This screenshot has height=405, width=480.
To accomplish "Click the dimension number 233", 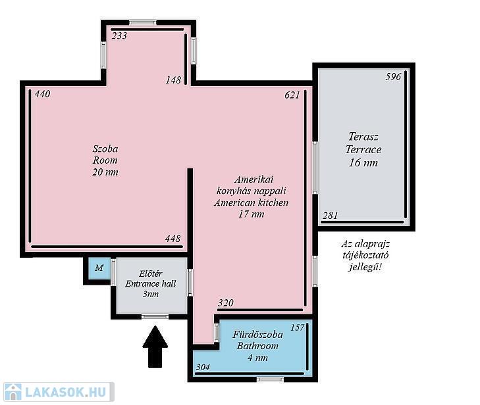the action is click(x=119, y=36).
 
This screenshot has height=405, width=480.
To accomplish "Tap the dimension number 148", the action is click(x=174, y=80).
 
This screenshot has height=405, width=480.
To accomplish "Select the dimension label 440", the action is click(x=42, y=94).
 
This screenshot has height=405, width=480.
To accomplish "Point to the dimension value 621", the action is click(x=292, y=95).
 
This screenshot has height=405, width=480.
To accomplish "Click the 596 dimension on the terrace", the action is click(x=393, y=76).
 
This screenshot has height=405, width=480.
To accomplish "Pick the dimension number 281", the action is click(x=330, y=216).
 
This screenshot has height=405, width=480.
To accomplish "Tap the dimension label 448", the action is click(x=173, y=239).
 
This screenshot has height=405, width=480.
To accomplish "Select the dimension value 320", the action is click(x=226, y=302).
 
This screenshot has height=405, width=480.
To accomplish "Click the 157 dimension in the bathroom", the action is click(x=298, y=327).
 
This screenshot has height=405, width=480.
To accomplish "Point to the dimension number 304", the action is click(x=203, y=367).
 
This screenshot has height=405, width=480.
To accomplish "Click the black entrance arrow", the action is click(x=155, y=346).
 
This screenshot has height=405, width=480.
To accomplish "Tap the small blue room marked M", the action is click(x=99, y=268).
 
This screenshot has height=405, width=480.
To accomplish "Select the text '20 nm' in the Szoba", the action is click(x=105, y=172).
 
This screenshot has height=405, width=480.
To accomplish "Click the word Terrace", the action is click(x=363, y=149).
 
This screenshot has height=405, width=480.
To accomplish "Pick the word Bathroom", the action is click(x=257, y=346).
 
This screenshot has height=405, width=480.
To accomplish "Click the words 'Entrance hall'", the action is click(x=151, y=283).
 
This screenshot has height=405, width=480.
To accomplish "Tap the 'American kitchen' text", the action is click(x=251, y=202).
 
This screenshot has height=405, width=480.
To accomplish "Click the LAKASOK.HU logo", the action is click(x=58, y=392).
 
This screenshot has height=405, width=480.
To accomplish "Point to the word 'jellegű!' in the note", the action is click(x=365, y=267).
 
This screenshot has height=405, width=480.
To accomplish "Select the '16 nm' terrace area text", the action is click(x=363, y=162).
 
